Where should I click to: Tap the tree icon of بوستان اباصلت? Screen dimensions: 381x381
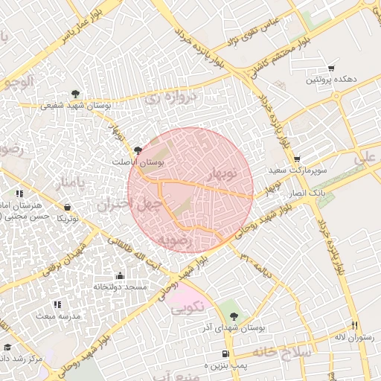click(x=138, y=150)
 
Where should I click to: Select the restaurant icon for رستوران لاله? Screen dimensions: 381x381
click(x=355, y=326)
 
